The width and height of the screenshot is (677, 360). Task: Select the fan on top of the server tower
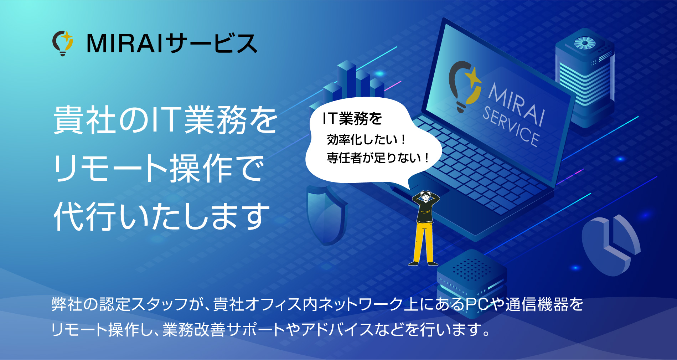585,43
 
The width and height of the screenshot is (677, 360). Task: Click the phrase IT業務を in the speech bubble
352,119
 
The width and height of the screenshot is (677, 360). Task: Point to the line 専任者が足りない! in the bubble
378,158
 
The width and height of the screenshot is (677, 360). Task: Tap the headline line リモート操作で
159,168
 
